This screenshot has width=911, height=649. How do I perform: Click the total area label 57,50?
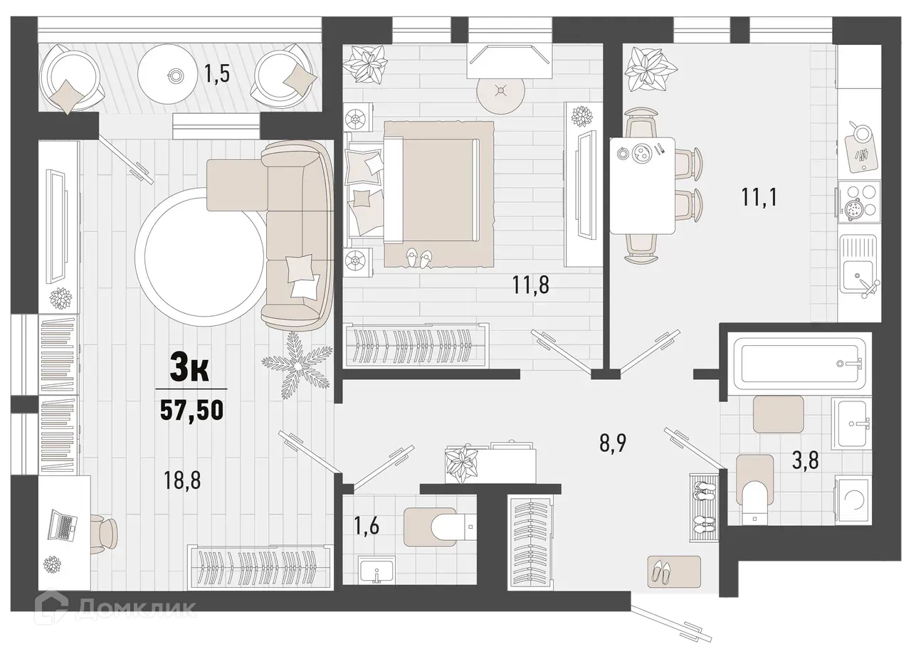[191, 411]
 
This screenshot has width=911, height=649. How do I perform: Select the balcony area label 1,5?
[217, 73]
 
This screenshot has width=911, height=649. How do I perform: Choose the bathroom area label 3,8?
[804, 460]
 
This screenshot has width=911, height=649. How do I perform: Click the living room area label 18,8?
[183, 480]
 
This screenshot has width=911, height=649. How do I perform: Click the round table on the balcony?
[175, 73]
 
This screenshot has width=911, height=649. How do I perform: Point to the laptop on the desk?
[62, 527]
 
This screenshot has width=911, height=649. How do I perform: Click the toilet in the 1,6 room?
[445, 526]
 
